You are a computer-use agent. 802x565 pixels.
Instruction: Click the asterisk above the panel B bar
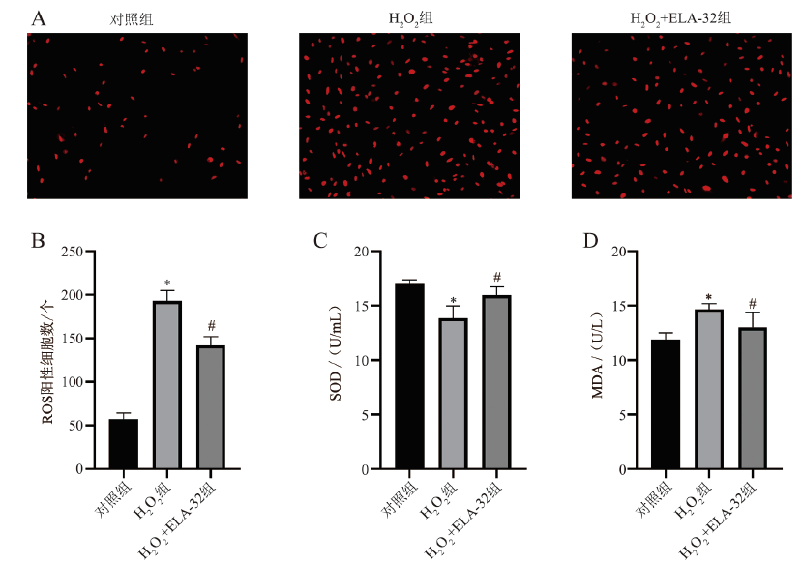coord(167,283)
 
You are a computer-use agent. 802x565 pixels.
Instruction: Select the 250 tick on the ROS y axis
coord(72,252)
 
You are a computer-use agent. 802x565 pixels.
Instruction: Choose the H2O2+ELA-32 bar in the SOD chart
coord(496,382)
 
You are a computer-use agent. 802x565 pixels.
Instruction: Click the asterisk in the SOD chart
coord(453,300)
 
